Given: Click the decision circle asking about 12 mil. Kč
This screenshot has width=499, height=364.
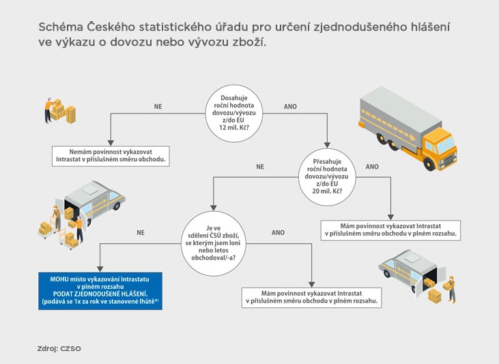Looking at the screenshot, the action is click(x=234, y=113).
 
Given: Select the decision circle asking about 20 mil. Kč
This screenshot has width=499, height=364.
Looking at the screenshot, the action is click(x=327, y=177).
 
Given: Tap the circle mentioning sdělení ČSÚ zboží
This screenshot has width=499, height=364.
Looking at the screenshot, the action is click(x=214, y=243).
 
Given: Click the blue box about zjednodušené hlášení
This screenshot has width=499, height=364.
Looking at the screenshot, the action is click(x=100, y=291).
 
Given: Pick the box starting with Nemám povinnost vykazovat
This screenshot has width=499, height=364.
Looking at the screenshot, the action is click(x=111, y=156).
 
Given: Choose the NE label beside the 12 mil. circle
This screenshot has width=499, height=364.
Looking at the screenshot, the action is click(x=158, y=107).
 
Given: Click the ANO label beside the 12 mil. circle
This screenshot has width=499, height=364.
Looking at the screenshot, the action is click(x=290, y=107).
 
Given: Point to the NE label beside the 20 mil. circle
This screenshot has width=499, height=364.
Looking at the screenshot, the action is click(x=260, y=167).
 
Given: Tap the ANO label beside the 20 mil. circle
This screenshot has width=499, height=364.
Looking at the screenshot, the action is click(x=372, y=167).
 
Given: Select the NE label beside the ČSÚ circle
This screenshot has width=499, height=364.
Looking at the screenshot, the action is click(x=141, y=232).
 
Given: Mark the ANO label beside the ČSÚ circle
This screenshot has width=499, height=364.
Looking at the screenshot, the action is click(x=278, y=232).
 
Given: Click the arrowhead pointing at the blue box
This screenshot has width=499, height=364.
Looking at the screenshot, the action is click(x=100, y=269).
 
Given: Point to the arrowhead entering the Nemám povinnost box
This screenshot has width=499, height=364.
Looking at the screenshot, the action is click(x=111, y=143).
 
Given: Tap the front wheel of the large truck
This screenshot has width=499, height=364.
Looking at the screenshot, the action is click(x=429, y=164).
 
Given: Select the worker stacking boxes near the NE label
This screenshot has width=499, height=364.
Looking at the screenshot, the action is click(x=48, y=110).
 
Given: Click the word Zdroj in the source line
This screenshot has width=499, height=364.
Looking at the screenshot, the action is click(x=47, y=348).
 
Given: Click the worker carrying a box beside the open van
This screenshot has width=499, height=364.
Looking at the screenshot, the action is click(x=451, y=289).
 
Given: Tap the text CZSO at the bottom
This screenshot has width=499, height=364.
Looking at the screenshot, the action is click(x=70, y=348).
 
